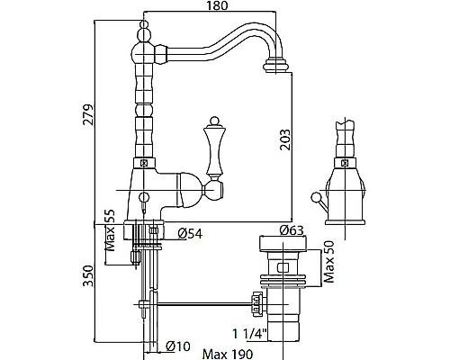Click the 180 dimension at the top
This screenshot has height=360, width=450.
point(218,7)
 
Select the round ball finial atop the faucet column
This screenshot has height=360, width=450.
point(142,37)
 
